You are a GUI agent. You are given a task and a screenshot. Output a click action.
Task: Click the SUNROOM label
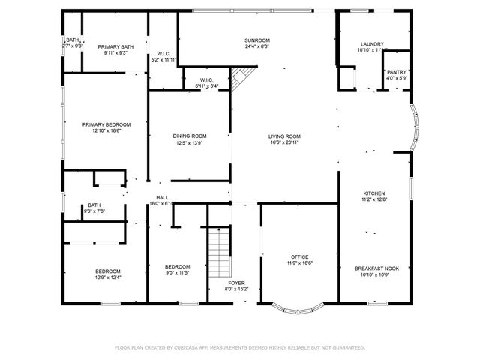point(256,40)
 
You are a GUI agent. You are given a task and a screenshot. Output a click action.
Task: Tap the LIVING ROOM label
point(284,136)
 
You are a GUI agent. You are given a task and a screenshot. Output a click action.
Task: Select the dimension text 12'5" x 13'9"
point(189,143)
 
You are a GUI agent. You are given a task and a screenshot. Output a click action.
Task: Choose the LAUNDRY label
point(372,44)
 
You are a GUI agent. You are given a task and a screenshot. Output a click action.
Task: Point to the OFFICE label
point(299,256)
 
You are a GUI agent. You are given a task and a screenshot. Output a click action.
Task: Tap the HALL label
point(162,197)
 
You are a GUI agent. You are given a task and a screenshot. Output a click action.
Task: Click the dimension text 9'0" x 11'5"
point(177,273)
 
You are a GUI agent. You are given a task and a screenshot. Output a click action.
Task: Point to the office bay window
point(298,307)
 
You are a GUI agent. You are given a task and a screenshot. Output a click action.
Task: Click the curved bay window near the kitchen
point(415,128)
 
